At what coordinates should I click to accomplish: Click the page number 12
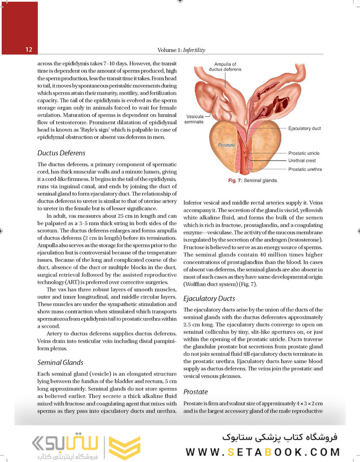pyautogui.click(x=29, y=50)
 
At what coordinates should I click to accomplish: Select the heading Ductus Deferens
pyautogui.click(x=61, y=153)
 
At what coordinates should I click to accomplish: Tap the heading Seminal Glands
pyautogui.click(x=60, y=362)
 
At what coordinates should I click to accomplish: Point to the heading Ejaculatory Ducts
pyautogui.click(x=209, y=298)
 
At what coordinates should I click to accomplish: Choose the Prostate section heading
pyautogui.click(x=195, y=391)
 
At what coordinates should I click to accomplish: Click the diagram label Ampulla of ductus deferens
pyautogui.click(x=225, y=67)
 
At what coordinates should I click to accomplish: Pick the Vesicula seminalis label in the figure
pyautogui.click(x=194, y=119)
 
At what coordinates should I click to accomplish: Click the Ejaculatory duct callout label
pyautogui.click(x=304, y=128)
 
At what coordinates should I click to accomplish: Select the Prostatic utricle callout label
pyautogui.click(x=304, y=153)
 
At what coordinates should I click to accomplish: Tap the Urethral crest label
pyautogui.click(x=302, y=161)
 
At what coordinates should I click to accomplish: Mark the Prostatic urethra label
pyautogui.click(x=305, y=169)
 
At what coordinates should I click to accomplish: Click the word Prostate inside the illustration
pyautogui.click(x=227, y=145)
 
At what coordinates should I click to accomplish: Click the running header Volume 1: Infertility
pyautogui.click(x=181, y=50)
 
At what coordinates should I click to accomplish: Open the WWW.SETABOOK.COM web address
pyautogui.click(x=263, y=452)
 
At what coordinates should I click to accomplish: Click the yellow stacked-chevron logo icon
pyautogui.click(x=124, y=447)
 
